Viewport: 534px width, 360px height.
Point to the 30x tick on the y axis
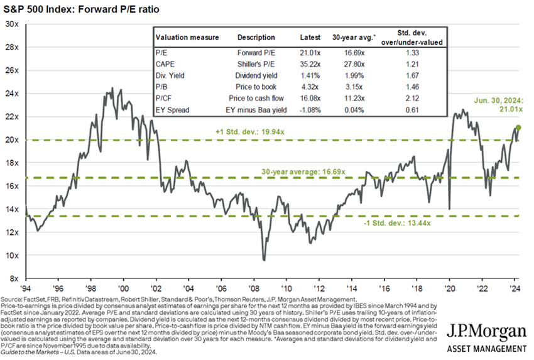coord(12,24)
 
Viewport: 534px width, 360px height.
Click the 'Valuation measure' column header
coord(187,38)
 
